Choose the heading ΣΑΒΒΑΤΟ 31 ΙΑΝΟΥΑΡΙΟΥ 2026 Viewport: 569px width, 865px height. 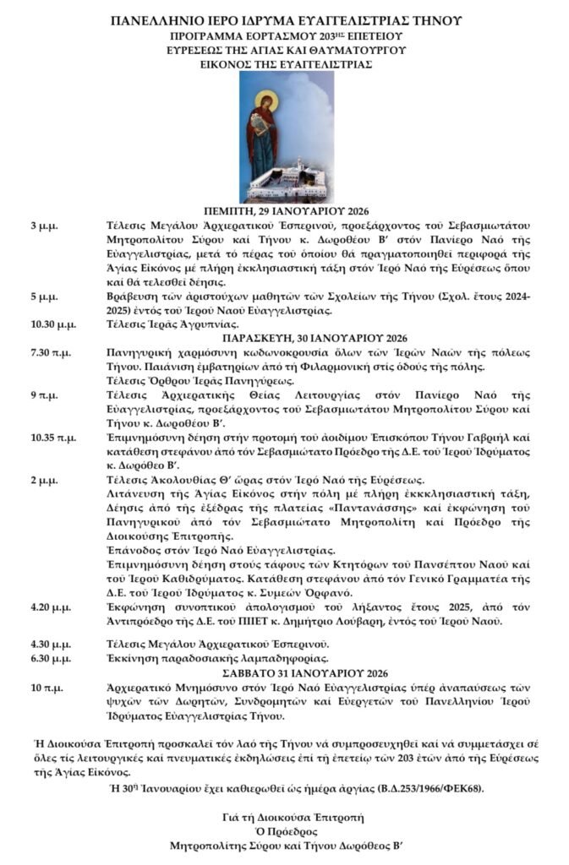[x=286, y=672]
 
